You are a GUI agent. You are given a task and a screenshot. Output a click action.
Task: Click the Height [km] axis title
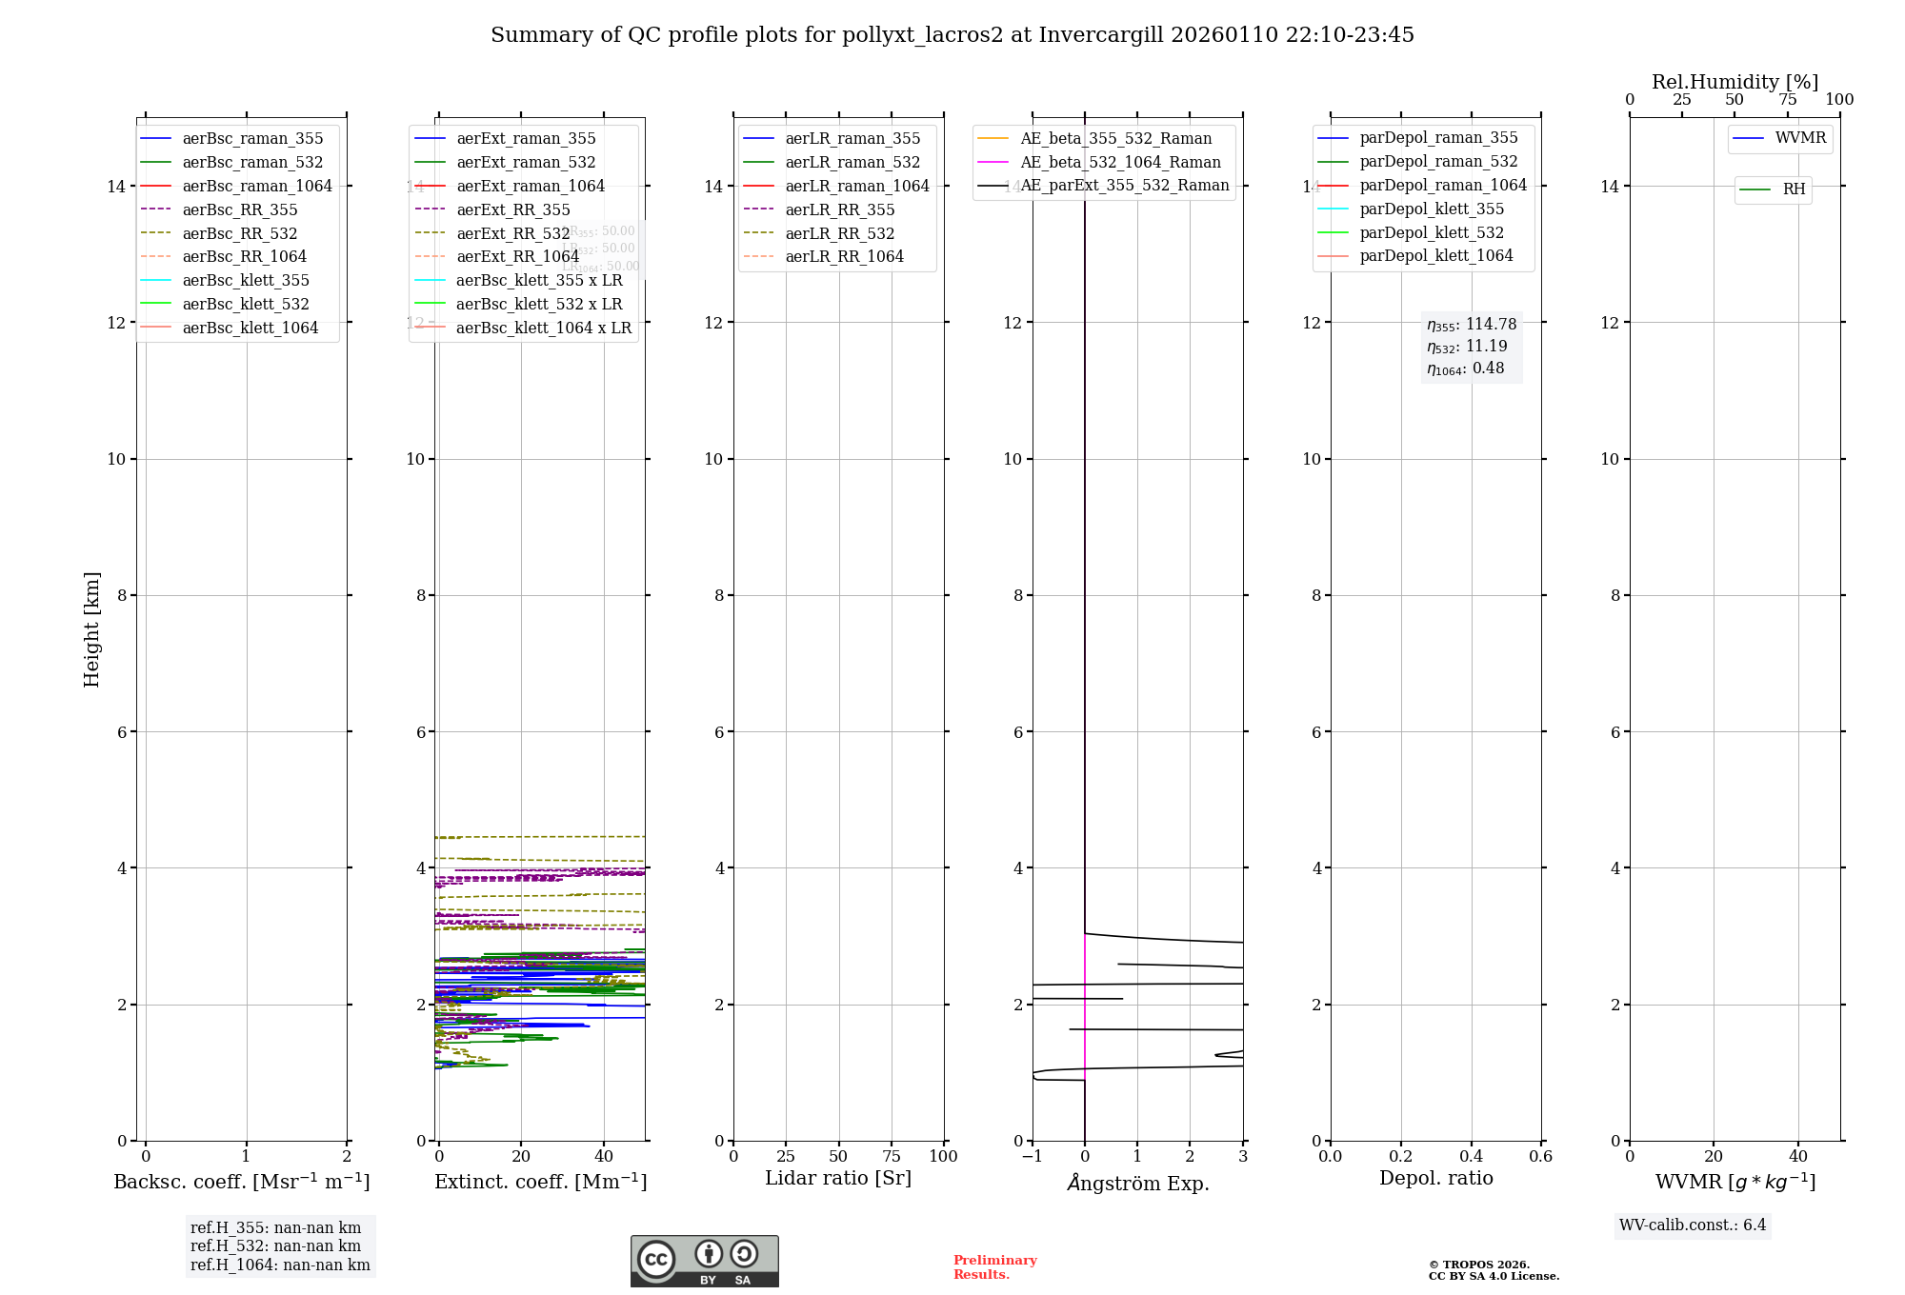(91, 629)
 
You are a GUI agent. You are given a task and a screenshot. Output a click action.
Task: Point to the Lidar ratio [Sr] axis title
(838, 1178)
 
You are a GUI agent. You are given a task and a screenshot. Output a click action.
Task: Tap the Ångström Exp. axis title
(1138, 1183)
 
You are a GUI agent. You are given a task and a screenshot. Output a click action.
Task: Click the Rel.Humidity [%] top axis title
(1735, 82)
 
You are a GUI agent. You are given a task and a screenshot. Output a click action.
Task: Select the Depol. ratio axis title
(1435, 1178)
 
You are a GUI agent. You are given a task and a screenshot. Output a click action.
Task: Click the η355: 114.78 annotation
(1472, 325)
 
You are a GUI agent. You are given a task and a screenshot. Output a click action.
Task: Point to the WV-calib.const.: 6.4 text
(1693, 1225)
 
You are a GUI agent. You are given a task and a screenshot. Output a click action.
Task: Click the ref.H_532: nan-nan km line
(275, 1245)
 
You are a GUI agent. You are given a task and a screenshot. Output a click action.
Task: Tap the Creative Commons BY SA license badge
(704, 1261)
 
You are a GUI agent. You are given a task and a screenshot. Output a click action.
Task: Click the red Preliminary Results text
(994, 1266)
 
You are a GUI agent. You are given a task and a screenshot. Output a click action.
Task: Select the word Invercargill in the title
(1101, 35)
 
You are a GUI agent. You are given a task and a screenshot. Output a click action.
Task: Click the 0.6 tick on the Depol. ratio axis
(1540, 1156)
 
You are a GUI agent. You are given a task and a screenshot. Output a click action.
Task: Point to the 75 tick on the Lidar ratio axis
(892, 1156)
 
